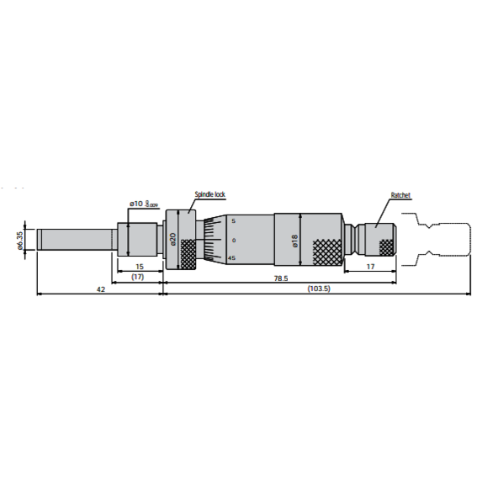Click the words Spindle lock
pos(210,194)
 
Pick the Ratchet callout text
pos(400,195)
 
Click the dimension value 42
pos(100,289)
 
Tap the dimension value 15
pos(139,267)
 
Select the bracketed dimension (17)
pos(139,277)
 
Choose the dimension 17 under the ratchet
pos(370,267)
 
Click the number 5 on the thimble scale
pos(233,220)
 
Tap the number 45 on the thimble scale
pos(232,258)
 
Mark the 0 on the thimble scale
pos(233,240)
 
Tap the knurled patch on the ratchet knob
pos(386,246)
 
